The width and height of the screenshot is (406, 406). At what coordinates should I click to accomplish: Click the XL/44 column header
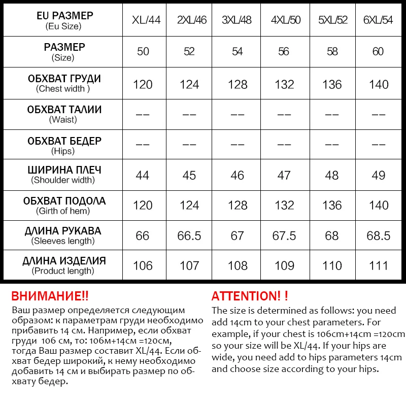coord(143,20)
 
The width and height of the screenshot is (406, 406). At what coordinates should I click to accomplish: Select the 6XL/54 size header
coord(379,20)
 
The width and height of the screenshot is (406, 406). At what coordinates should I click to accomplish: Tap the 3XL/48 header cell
coord(238,20)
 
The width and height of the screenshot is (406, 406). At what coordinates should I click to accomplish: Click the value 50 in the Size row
coord(143,51)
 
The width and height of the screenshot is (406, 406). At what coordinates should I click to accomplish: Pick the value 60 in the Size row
coord(379,51)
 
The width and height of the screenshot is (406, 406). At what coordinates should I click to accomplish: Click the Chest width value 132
coord(284,84)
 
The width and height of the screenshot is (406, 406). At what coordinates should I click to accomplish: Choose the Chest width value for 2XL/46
coord(189,84)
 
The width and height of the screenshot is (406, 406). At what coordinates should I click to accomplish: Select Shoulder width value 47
coord(284,175)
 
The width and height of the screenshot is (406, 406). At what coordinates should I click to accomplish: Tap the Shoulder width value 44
coord(143,175)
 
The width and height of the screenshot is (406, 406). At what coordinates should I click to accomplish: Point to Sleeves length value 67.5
coord(284,235)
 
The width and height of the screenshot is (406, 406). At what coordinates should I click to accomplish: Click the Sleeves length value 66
coord(143,235)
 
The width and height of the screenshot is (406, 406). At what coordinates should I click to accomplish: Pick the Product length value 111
coord(379,265)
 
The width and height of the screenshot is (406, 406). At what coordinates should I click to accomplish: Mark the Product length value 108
coord(238,265)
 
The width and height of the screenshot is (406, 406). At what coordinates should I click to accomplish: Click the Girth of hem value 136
coord(332,205)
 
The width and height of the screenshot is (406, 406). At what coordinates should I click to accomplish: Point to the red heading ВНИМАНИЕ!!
coord(50,296)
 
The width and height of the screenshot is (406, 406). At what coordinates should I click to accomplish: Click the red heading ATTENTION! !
coord(250,296)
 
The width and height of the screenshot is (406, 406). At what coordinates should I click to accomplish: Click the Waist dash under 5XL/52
coord(332,115)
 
